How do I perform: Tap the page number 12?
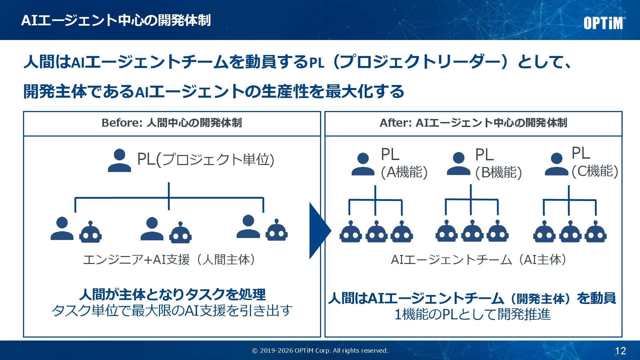point(620,351)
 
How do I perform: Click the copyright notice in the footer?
point(320,351)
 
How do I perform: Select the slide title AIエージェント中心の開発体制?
point(116,20)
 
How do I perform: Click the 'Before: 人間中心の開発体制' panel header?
point(172,123)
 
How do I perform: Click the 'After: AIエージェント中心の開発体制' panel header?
point(473,123)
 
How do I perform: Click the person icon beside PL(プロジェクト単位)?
point(119,161)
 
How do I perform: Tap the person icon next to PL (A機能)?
point(363,165)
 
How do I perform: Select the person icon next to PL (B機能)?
point(458,164)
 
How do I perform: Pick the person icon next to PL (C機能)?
point(556,164)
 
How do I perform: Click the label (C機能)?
point(595,171)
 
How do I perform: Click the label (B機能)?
point(498,173)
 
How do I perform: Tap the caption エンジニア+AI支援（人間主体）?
point(170,260)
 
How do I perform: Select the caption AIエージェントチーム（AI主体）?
point(479,260)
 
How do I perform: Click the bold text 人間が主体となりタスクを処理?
point(172,294)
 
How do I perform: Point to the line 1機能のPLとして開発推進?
point(472,314)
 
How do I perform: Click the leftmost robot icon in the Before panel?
point(90,232)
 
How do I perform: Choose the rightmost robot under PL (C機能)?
point(595,232)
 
